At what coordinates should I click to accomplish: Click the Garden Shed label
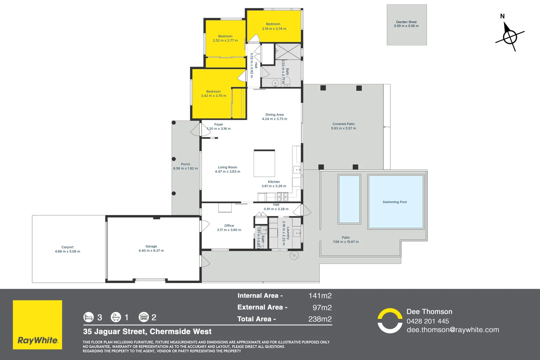pos(406,22)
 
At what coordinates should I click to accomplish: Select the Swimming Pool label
pos(395,202)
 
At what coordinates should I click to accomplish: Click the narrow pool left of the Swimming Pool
pos(349,199)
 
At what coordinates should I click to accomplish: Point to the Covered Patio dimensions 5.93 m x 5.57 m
pos(343,128)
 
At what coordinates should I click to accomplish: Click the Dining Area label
pos(274,115)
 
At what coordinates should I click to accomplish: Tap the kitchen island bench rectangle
pos(264,163)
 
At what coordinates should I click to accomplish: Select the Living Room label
pos(227,167)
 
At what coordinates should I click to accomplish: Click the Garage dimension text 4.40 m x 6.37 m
pos(151,251)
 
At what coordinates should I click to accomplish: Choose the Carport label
pos(67,247)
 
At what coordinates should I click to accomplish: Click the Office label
pos(229,226)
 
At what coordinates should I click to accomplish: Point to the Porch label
pos(185,164)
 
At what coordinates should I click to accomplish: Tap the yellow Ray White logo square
pos(37,325)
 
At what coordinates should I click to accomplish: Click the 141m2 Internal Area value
pos(320,296)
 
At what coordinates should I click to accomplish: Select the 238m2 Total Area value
pos(320,319)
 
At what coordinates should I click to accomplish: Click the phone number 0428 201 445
pos(428,321)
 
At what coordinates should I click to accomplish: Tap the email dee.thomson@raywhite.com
pos(453,330)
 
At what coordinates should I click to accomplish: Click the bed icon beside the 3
pos(89,317)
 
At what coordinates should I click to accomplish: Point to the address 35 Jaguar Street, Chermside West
pos(147,332)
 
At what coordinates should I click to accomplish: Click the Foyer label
pos(219,124)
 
